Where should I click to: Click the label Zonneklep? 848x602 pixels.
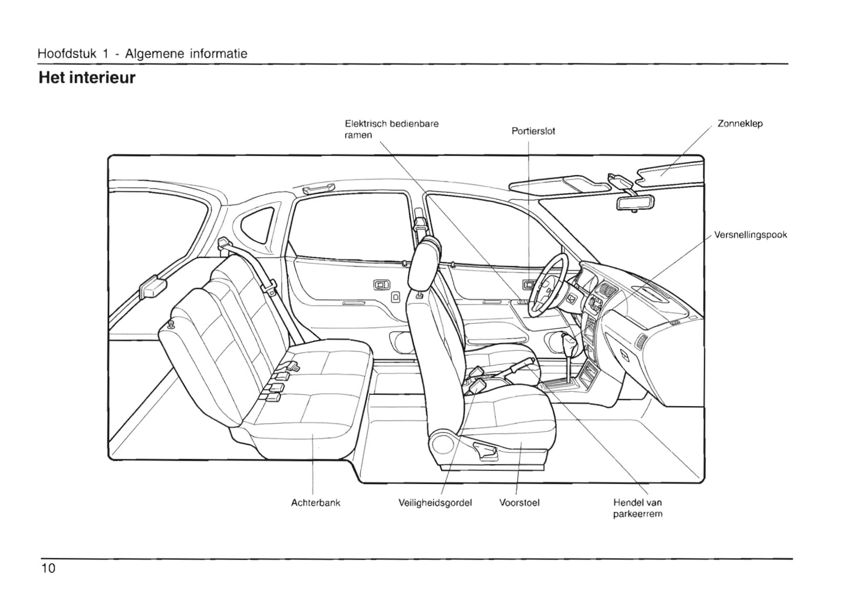click(x=739, y=124)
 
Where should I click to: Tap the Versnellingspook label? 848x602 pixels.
click(x=750, y=235)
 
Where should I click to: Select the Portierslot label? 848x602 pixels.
click(x=533, y=131)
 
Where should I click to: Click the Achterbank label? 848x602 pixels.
click(x=315, y=503)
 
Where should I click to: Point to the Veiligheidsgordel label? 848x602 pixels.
click(x=435, y=503)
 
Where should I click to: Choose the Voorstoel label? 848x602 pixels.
click(x=519, y=503)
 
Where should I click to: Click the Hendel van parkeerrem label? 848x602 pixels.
click(x=637, y=508)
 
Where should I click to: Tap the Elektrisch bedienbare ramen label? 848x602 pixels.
click(x=391, y=129)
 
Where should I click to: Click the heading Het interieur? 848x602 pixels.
click(x=86, y=78)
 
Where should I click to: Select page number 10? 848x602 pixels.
click(x=48, y=568)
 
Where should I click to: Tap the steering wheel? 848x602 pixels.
click(x=549, y=285)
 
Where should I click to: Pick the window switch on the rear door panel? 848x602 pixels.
click(x=381, y=285)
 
